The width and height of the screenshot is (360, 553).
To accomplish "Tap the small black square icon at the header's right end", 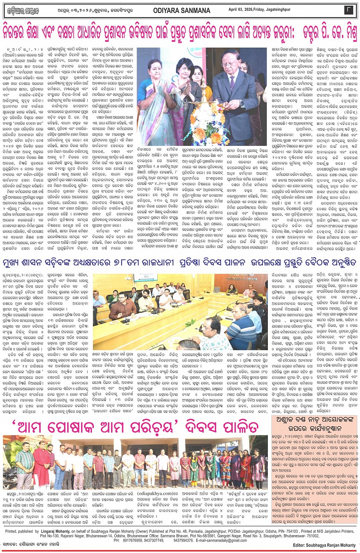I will tap(349, 11).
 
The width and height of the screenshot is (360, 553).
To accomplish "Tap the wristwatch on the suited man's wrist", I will tap(241, 104).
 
